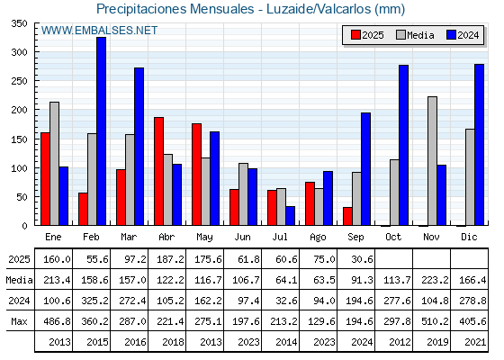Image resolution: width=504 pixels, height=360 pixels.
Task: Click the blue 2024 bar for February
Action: tap(101, 131)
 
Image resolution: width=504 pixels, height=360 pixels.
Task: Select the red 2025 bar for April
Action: tap(158, 171)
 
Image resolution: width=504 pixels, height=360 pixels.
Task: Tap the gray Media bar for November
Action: tap(432, 161)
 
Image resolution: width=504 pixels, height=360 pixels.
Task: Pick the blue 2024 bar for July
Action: tap(290, 216)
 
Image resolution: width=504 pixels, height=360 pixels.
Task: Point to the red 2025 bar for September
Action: tap(347, 216)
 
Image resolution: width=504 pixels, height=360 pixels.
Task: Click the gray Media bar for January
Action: tap(54, 164)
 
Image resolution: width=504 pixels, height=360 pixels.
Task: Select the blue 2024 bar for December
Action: tap(479, 145)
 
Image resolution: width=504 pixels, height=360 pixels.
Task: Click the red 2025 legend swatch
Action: tap(355, 35)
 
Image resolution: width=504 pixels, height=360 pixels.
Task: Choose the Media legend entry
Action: tap(415, 35)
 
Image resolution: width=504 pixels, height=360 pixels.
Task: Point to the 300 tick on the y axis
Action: tap(36, 52)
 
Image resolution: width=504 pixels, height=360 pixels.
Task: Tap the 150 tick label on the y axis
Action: tap(19, 139)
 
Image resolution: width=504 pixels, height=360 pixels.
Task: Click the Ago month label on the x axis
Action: tap(318, 238)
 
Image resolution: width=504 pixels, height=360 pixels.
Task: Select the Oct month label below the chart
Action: tap(393, 237)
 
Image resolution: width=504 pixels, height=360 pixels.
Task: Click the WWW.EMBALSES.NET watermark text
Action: tap(99, 31)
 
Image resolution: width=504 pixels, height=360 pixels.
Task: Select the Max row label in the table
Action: tap(19, 321)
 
